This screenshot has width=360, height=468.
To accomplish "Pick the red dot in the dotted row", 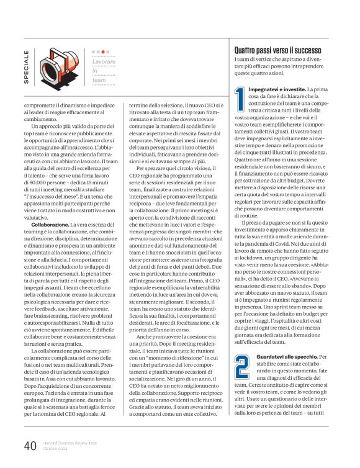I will [x=103, y=52].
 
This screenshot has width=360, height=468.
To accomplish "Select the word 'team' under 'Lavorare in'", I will [x=99, y=80].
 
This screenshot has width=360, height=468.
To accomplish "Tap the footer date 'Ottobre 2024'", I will [x=56, y=450].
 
